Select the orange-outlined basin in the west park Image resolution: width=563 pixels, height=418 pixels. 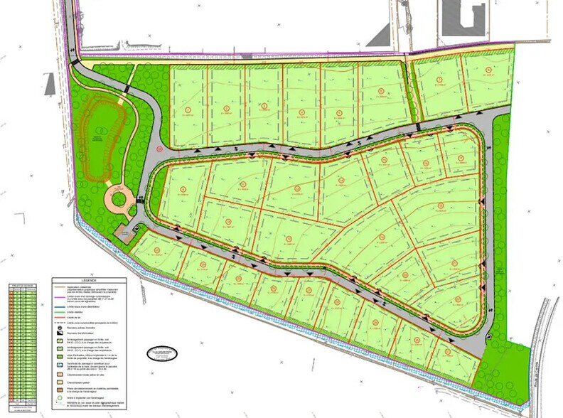(x=99, y=139)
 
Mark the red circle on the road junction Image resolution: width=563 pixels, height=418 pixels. (x=161, y=149)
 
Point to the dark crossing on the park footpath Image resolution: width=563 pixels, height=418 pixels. (x=124, y=92)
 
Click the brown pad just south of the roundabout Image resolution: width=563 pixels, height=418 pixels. (x=126, y=235)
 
